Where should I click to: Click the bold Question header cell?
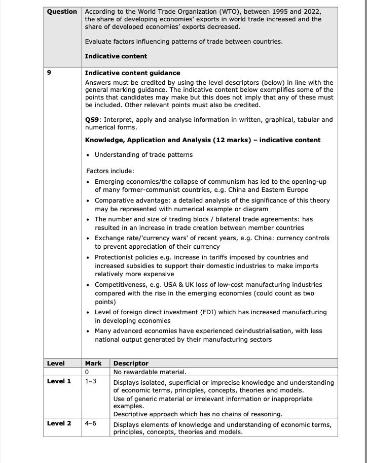click(62, 12)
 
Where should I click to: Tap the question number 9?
click(49, 73)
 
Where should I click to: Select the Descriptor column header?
click(131, 363)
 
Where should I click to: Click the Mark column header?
click(93, 363)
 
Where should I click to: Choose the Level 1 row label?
click(59, 381)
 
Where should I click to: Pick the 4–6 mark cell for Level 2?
click(91, 423)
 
